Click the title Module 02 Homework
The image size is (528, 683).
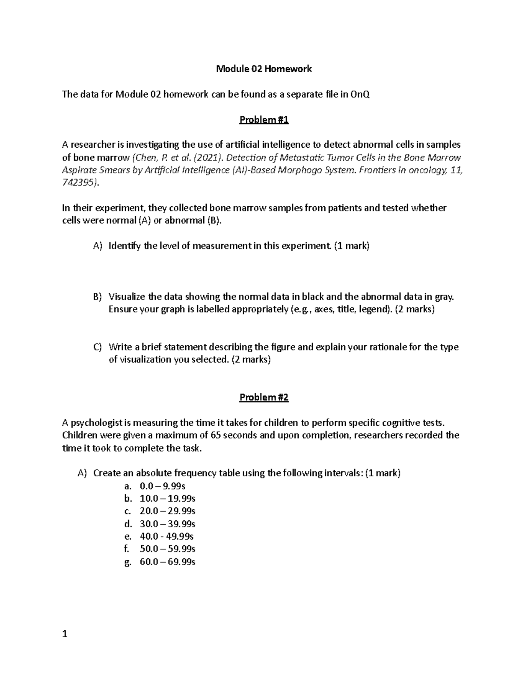[x=264, y=69]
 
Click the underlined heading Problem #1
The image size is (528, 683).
[x=264, y=120]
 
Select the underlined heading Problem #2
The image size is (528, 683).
[x=264, y=397]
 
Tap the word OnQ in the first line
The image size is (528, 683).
[x=360, y=94]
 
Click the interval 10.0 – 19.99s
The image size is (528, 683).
[x=167, y=499]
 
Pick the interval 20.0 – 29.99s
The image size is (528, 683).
[x=167, y=511]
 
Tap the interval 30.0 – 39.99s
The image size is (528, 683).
[x=167, y=524]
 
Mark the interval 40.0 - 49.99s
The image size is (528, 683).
[x=166, y=536]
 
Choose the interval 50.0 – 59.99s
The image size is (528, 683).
[x=167, y=549]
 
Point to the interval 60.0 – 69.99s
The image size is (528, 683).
[x=167, y=562]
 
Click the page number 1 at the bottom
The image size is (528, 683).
[x=65, y=634]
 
